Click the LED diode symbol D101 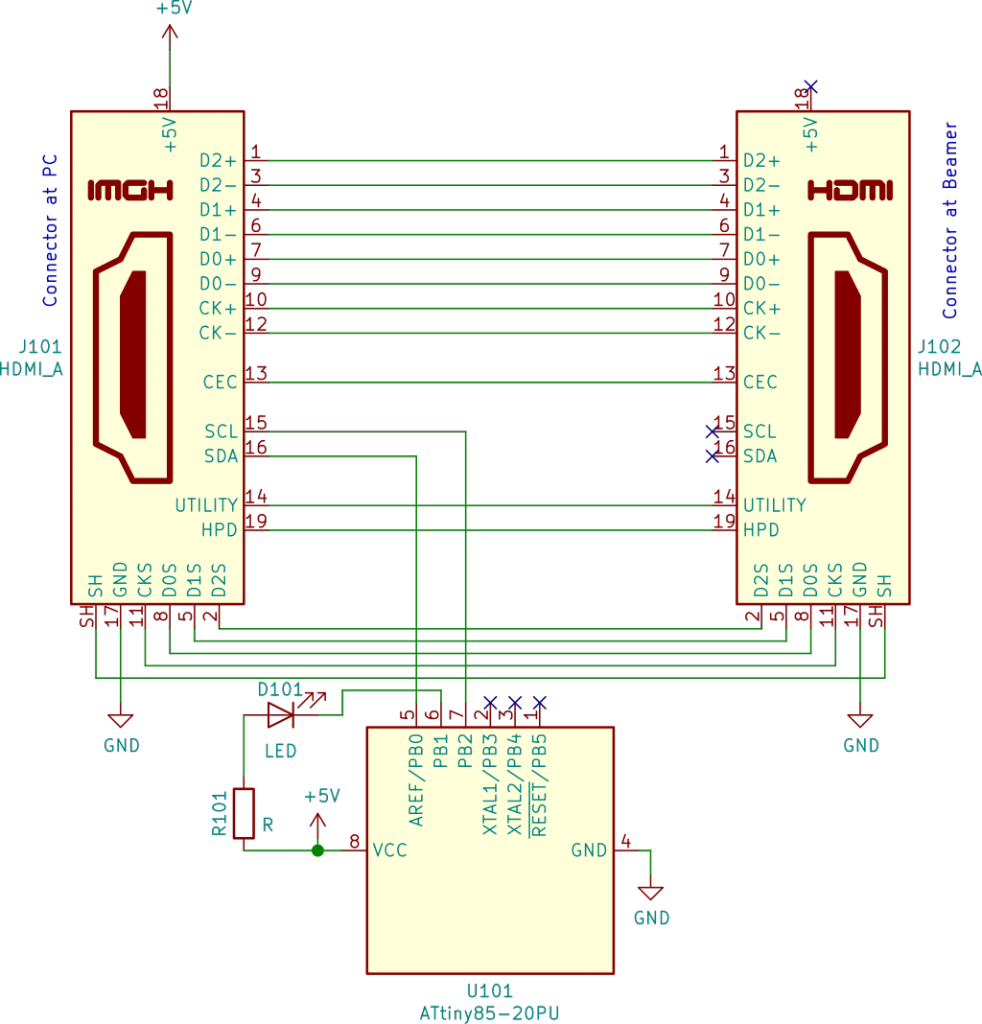(281, 715)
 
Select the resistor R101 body (244, 813)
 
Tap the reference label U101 (490, 991)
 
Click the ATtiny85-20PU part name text (489, 1014)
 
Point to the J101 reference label (40, 346)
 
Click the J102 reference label (939, 346)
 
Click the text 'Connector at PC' (50, 230)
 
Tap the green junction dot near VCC (318, 850)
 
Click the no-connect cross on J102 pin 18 (811, 86)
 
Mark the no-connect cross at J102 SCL (712, 432)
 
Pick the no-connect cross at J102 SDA (712, 456)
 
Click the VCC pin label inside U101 (390, 850)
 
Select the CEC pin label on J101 (220, 382)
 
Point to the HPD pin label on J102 (761, 530)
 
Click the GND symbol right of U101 (651, 893)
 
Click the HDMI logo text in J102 (850, 191)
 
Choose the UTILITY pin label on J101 (206, 505)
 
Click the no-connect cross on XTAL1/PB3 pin (490, 703)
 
